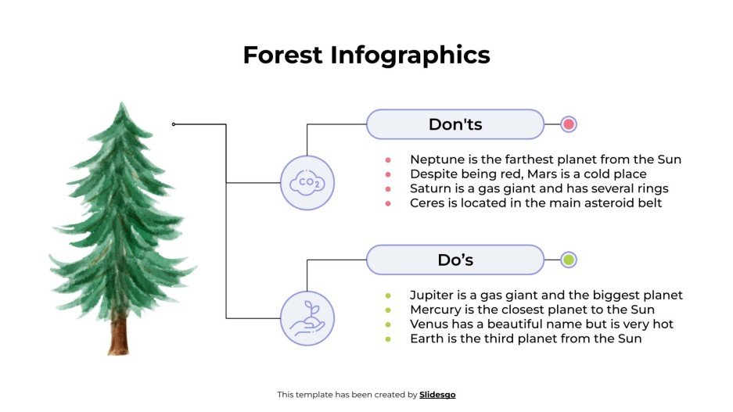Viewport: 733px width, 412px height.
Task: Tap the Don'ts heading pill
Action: click(x=455, y=124)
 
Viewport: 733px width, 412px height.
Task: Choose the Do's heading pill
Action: click(x=455, y=260)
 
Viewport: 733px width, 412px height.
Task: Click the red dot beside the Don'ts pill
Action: click(x=569, y=124)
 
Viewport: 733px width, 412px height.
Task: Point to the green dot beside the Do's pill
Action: click(x=569, y=260)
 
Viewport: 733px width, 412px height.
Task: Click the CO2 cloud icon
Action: click(x=307, y=183)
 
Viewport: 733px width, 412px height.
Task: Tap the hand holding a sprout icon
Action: click(x=307, y=318)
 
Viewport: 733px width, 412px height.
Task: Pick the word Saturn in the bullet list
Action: click(x=431, y=188)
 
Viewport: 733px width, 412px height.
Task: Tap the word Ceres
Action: click(x=427, y=203)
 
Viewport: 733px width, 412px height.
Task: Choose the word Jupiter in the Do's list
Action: click(x=433, y=296)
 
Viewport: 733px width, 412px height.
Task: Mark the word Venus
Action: click(x=429, y=324)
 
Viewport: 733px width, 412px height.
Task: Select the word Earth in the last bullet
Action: click(x=426, y=339)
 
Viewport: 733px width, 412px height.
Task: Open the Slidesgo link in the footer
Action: click(x=437, y=395)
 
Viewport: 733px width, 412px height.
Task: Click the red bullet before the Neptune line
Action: click(x=388, y=159)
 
